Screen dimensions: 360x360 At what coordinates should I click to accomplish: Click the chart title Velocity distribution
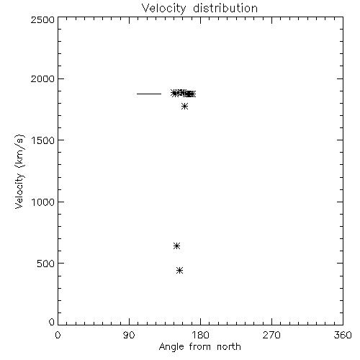(x=199, y=9)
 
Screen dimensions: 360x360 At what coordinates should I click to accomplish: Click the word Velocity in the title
(x=163, y=9)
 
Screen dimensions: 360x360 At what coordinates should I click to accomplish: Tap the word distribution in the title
(x=225, y=8)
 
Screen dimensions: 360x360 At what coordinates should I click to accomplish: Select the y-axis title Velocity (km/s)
(x=19, y=171)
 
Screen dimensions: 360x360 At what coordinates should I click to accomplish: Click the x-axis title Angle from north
(x=200, y=347)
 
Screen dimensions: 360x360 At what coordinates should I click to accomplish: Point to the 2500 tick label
(x=42, y=19)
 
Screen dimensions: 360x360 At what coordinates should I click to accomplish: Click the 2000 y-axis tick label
(x=42, y=78)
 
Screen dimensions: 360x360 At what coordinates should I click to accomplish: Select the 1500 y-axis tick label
(x=43, y=140)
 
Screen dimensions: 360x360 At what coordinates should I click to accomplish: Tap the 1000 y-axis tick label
(x=43, y=202)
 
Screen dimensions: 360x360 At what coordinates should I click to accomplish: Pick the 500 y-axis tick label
(x=46, y=264)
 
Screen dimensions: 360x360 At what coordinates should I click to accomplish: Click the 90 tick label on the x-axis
(x=129, y=335)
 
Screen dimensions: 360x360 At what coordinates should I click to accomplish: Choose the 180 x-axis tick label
(x=200, y=335)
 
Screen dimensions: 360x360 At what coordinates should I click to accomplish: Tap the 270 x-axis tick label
(x=271, y=335)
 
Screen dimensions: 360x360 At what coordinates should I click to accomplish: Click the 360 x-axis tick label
(x=343, y=335)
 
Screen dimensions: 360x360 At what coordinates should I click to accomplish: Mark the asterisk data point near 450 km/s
(x=179, y=271)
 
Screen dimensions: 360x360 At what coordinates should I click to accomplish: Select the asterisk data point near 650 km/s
(x=176, y=246)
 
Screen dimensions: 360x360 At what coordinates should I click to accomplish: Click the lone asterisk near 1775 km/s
(x=184, y=106)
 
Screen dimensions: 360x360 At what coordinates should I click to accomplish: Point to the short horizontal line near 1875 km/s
(x=149, y=94)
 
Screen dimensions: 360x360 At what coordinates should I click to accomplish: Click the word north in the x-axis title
(x=229, y=346)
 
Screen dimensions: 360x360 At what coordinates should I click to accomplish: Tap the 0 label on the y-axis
(x=52, y=322)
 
